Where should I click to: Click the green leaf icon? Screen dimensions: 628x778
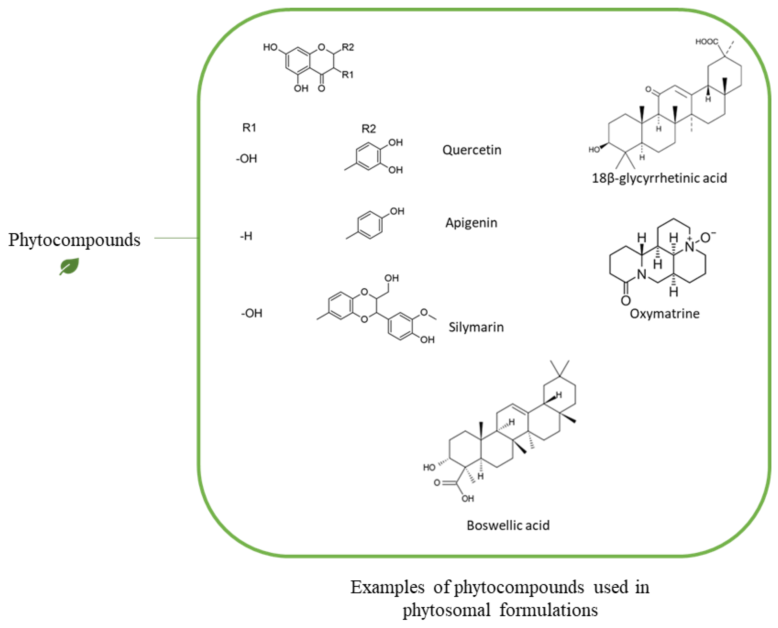[x=69, y=267]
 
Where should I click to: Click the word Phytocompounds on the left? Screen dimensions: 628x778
[x=74, y=240]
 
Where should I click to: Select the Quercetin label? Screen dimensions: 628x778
[x=471, y=150]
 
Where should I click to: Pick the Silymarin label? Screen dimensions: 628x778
[x=476, y=327]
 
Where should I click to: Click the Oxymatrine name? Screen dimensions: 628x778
[x=664, y=314]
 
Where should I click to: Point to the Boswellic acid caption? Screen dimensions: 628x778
[x=508, y=525]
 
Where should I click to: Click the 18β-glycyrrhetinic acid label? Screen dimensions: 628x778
[x=659, y=178]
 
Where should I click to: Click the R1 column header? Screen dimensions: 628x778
[x=249, y=128]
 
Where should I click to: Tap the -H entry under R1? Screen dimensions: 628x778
[x=246, y=236]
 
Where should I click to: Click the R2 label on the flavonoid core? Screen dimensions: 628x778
[x=347, y=47]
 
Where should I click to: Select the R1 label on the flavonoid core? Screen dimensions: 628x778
[x=347, y=75]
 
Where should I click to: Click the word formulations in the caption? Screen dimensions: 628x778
[x=548, y=610]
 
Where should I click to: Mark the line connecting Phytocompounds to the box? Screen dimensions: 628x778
[x=176, y=238]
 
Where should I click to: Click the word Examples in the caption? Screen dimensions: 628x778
[x=387, y=587]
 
